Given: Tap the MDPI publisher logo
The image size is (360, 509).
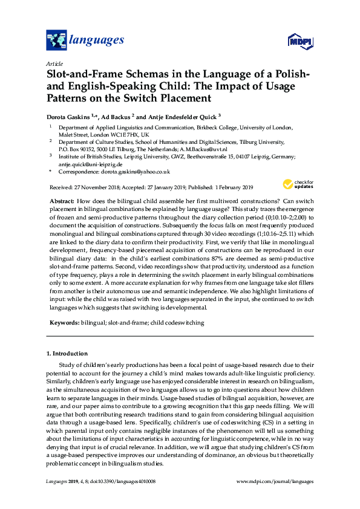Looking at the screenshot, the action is point(300,42).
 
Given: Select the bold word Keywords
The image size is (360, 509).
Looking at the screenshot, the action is point(63,323).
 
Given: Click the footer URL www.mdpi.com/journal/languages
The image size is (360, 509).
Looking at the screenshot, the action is point(275,482).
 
